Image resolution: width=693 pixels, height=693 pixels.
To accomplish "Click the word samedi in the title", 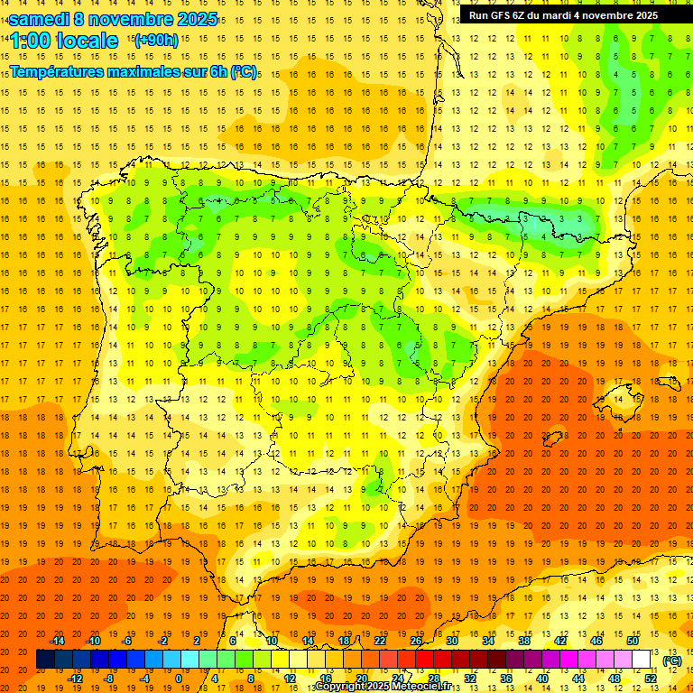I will click(40, 20).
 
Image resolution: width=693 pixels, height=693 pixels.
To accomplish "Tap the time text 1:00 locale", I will click(65, 41).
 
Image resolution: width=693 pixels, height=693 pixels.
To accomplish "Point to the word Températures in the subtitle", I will click(56, 71).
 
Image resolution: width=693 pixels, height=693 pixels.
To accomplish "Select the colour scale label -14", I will click(58, 641).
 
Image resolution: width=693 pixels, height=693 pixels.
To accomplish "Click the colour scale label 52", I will click(651, 678).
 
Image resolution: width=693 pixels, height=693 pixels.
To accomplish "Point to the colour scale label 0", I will click(179, 678).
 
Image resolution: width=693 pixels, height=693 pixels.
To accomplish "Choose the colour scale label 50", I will click(633, 641).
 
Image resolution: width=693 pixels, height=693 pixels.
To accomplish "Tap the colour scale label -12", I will click(75, 678).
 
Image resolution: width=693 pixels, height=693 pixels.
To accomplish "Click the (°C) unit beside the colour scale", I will click(671, 661).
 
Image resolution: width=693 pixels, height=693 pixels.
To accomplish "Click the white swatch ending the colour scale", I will click(642, 660).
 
